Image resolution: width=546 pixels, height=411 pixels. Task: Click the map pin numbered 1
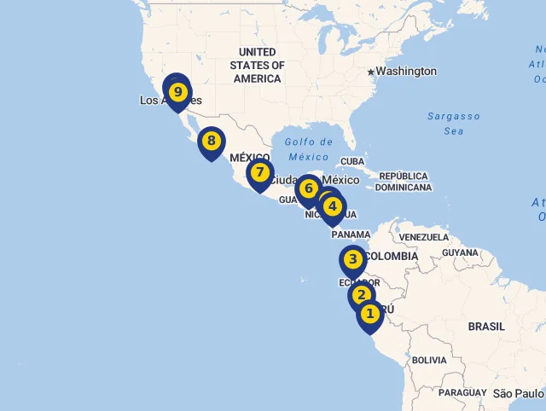(x=369, y=314)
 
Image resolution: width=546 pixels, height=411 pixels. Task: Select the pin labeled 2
(x=362, y=295)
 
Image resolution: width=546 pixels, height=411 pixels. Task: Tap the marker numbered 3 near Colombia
(x=352, y=259)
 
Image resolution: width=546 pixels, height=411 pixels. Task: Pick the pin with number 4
(x=333, y=206)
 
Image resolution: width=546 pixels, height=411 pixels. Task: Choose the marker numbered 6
(x=309, y=188)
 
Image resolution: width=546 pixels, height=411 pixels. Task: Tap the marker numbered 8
(x=211, y=141)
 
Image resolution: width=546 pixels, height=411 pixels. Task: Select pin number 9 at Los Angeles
(x=177, y=91)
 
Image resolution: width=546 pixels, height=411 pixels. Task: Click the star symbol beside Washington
(x=371, y=72)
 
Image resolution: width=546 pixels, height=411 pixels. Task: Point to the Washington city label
(x=406, y=72)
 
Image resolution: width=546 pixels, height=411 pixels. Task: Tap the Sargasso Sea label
(x=454, y=124)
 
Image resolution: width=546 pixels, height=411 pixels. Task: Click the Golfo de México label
(x=309, y=149)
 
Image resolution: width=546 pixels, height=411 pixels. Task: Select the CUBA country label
(x=352, y=161)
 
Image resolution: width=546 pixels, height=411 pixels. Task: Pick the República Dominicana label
(x=404, y=182)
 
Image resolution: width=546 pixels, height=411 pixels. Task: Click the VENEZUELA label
(x=423, y=237)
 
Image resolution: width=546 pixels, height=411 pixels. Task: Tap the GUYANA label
(x=461, y=252)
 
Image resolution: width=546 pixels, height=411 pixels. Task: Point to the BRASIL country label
(x=486, y=327)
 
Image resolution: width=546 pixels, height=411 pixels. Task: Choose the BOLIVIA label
(x=429, y=361)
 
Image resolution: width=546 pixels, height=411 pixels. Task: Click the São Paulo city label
(x=519, y=393)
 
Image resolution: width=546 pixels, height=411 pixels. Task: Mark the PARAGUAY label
(x=463, y=393)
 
